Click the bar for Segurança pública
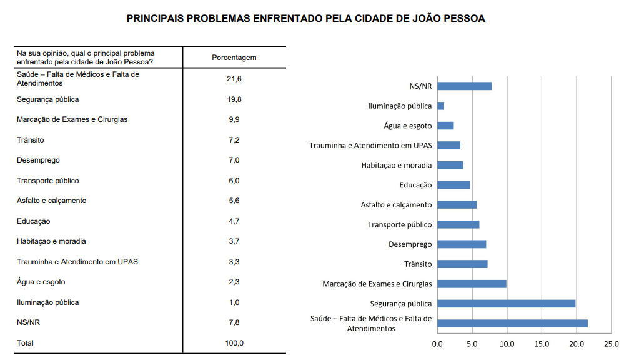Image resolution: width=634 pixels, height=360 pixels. click(x=506, y=304)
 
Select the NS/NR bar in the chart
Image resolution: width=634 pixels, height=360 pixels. click(x=464, y=86)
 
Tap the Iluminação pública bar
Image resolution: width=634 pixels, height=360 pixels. click(x=440, y=106)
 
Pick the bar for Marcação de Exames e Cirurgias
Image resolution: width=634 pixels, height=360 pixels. click(x=472, y=284)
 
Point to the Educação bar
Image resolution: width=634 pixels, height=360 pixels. click(x=453, y=185)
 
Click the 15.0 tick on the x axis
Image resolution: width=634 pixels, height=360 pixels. click(x=542, y=344)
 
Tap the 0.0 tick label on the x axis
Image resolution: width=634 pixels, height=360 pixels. click(x=437, y=344)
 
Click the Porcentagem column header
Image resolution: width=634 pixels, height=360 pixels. click(x=234, y=57)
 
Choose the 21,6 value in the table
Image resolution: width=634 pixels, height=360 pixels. click(x=234, y=79)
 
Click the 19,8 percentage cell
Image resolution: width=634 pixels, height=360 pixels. click(x=234, y=99)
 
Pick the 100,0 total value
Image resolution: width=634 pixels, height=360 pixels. click(x=234, y=343)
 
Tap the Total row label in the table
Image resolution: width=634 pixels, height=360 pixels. click(x=26, y=343)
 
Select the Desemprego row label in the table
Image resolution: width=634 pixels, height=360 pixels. click(x=39, y=160)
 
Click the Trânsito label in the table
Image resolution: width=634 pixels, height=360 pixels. click(x=31, y=140)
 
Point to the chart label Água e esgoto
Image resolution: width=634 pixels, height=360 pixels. click(x=407, y=126)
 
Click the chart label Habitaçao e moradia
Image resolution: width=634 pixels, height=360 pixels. click(x=396, y=166)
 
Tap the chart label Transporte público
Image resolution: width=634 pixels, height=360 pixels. click(x=399, y=224)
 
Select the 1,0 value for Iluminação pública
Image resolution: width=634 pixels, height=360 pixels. click(x=234, y=302)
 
